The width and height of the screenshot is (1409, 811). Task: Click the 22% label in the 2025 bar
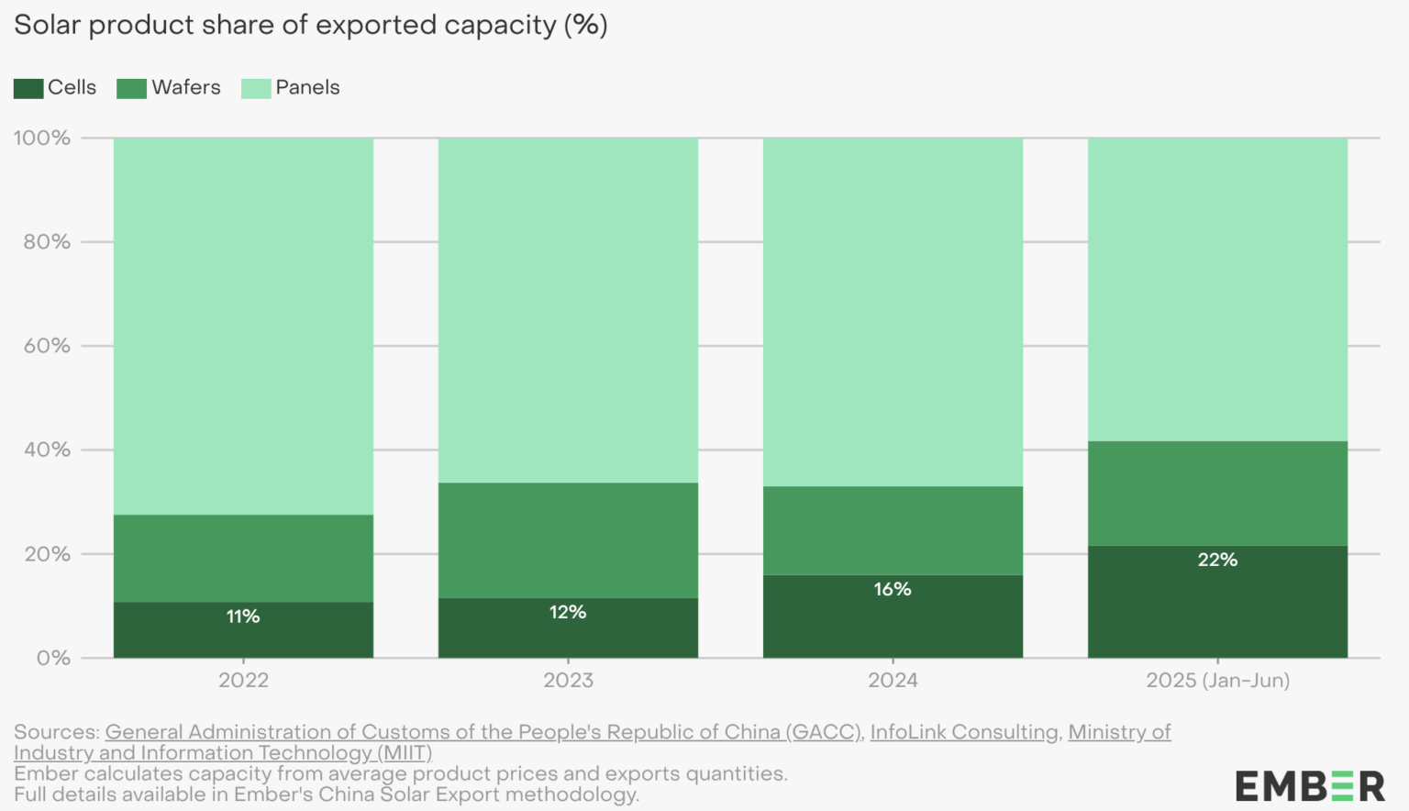click(1217, 560)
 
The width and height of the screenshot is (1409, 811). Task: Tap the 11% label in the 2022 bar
click(243, 617)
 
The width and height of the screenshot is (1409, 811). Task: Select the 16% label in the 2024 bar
click(893, 589)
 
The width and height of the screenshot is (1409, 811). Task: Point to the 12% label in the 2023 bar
click(568, 612)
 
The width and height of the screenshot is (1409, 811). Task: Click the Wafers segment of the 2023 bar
click(568, 540)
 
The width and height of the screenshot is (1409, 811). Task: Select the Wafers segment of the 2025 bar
click(1217, 494)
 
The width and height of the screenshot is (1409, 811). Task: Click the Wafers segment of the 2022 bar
click(243, 558)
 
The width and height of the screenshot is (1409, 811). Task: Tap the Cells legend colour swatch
click(28, 88)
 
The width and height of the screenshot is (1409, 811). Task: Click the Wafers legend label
click(186, 87)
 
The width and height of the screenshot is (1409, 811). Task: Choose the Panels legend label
click(307, 87)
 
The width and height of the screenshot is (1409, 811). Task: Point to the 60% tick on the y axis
click(46, 346)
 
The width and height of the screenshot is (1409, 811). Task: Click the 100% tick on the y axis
click(42, 138)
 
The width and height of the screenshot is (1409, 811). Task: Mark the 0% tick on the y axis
click(53, 658)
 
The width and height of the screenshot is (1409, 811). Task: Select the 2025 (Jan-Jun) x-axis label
click(1217, 680)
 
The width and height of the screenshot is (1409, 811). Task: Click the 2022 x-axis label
click(243, 680)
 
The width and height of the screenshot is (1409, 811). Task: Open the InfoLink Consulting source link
click(963, 732)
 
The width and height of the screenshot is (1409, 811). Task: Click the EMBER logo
click(1309, 786)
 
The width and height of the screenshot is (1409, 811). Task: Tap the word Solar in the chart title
click(47, 25)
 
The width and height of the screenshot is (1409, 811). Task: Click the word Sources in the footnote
click(55, 732)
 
